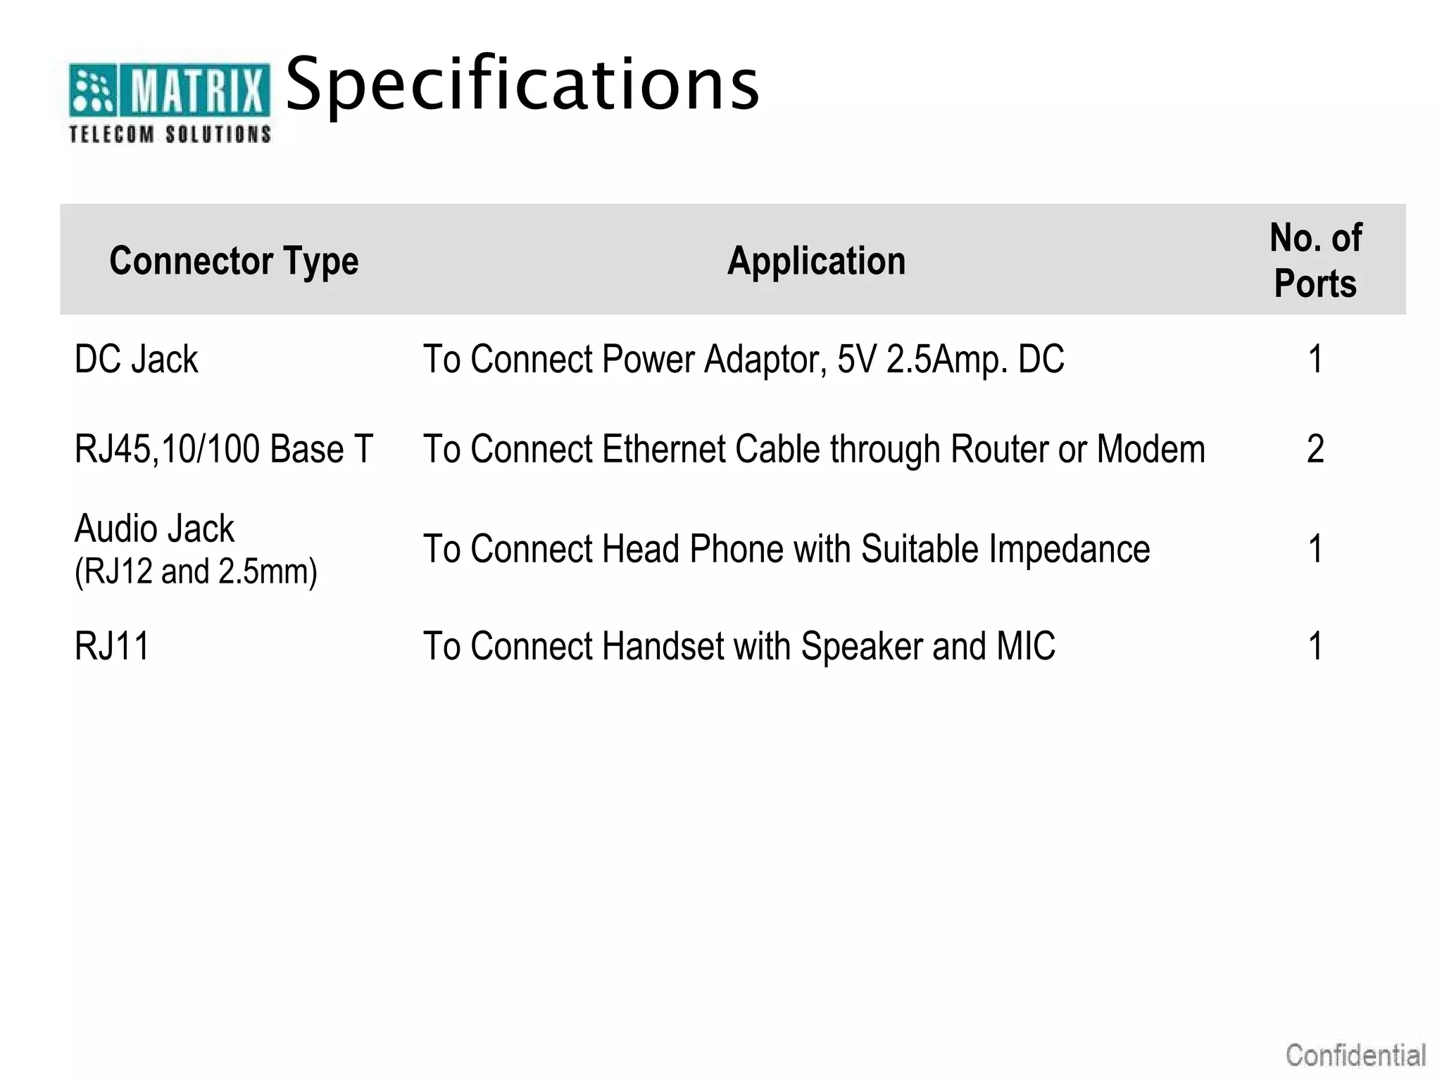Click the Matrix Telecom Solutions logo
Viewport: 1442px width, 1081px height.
[169, 102]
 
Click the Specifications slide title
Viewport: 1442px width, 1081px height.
[522, 84]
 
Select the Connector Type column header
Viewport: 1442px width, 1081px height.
[234, 261]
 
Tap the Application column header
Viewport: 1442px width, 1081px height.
[816, 261]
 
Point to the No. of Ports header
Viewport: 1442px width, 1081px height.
[1315, 260]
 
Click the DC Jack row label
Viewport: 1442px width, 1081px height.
[137, 360]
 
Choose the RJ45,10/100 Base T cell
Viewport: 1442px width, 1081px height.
[223, 449]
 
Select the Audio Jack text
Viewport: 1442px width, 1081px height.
[154, 529]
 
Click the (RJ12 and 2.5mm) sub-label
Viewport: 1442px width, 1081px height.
[196, 571]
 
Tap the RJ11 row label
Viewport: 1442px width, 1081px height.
[112, 646]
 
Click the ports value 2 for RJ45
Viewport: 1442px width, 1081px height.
[1315, 449]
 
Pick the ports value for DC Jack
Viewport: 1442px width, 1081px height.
[1315, 360]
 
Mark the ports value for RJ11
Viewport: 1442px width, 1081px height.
[1315, 646]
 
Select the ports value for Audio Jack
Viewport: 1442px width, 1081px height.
[1315, 549]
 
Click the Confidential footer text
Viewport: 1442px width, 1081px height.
[1355, 1056]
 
